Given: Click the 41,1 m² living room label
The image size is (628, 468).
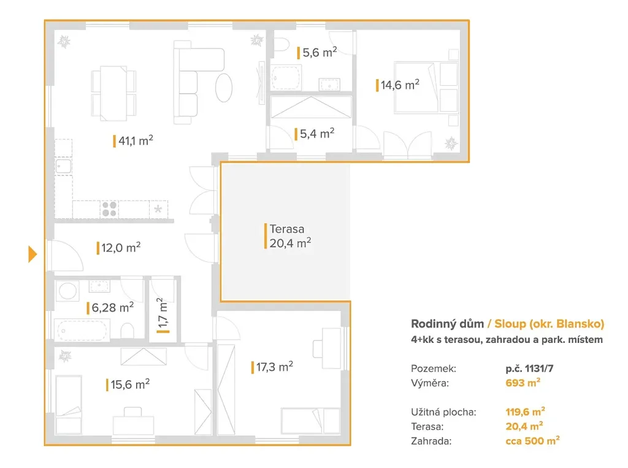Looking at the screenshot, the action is pyautogui.click(x=133, y=140).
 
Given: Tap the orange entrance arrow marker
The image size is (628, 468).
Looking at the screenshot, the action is pyautogui.click(x=33, y=254).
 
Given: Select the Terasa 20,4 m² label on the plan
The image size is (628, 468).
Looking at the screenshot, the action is pyautogui.click(x=288, y=236).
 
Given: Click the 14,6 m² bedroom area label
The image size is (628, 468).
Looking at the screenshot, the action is pyautogui.click(x=397, y=85).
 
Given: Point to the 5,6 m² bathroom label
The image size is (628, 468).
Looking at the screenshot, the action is pyautogui.click(x=317, y=53).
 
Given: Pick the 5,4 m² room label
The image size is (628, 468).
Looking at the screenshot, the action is pyautogui.click(x=315, y=134).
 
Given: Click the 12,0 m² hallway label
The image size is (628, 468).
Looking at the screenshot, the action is pyautogui.click(x=119, y=248).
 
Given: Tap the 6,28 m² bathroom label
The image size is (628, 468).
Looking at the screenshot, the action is pyautogui.click(x=110, y=308).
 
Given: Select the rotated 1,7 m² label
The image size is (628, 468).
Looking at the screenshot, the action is pyautogui.click(x=163, y=315).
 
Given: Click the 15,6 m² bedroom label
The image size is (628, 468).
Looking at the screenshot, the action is pyautogui.click(x=128, y=385).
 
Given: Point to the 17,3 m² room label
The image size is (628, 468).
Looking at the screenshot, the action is pyautogui.click(x=272, y=367).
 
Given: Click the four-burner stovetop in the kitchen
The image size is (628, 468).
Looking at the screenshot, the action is pyautogui.click(x=109, y=209).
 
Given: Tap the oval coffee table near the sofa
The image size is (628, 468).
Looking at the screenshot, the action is pyautogui.click(x=224, y=88).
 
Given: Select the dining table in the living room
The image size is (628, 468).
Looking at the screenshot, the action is pyautogui.click(x=113, y=93).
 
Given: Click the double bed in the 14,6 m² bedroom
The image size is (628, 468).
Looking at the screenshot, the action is pyautogui.click(x=426, y=87).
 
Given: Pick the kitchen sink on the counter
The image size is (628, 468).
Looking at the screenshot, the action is pyautogui.click(x=63, y=166).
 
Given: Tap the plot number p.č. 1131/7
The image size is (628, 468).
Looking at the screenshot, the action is pyautogui.click(x=529, y=368).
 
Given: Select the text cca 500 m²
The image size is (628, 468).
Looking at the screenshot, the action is pyautogui.click(x=532, y=441).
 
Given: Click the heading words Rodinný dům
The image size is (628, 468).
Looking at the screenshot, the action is pyautogui.click(x=447, y=324).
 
